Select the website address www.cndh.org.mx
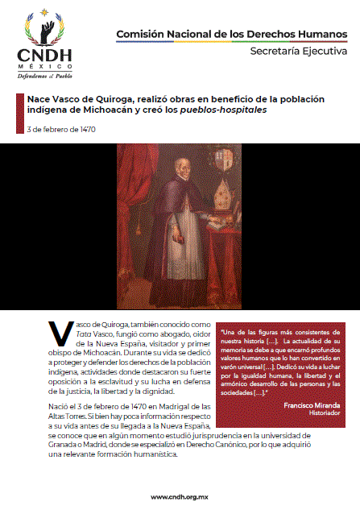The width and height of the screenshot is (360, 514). click(180, 495)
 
